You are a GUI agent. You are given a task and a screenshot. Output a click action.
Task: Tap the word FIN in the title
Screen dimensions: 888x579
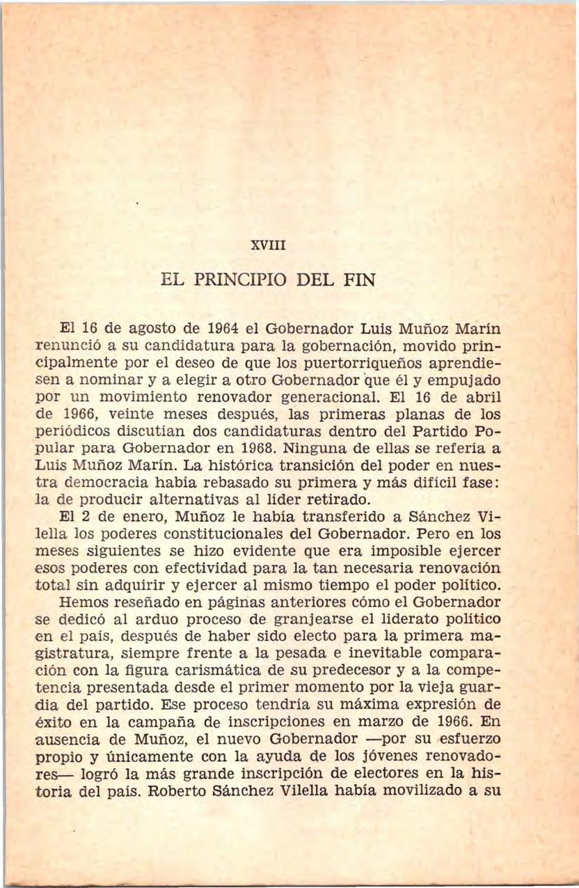(358, 281)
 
